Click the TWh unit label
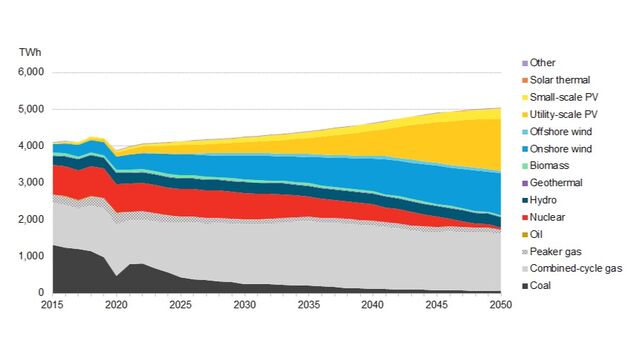click(x=28, y=51)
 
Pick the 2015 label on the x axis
click(x=53, y=306)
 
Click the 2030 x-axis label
click(x=244, y=306)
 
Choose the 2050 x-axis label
click(x=500, y=306)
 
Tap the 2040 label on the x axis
click(x=372, y=306)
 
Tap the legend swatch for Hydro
click(x=527, y=200)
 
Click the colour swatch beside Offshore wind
click(x=527, y=131)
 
